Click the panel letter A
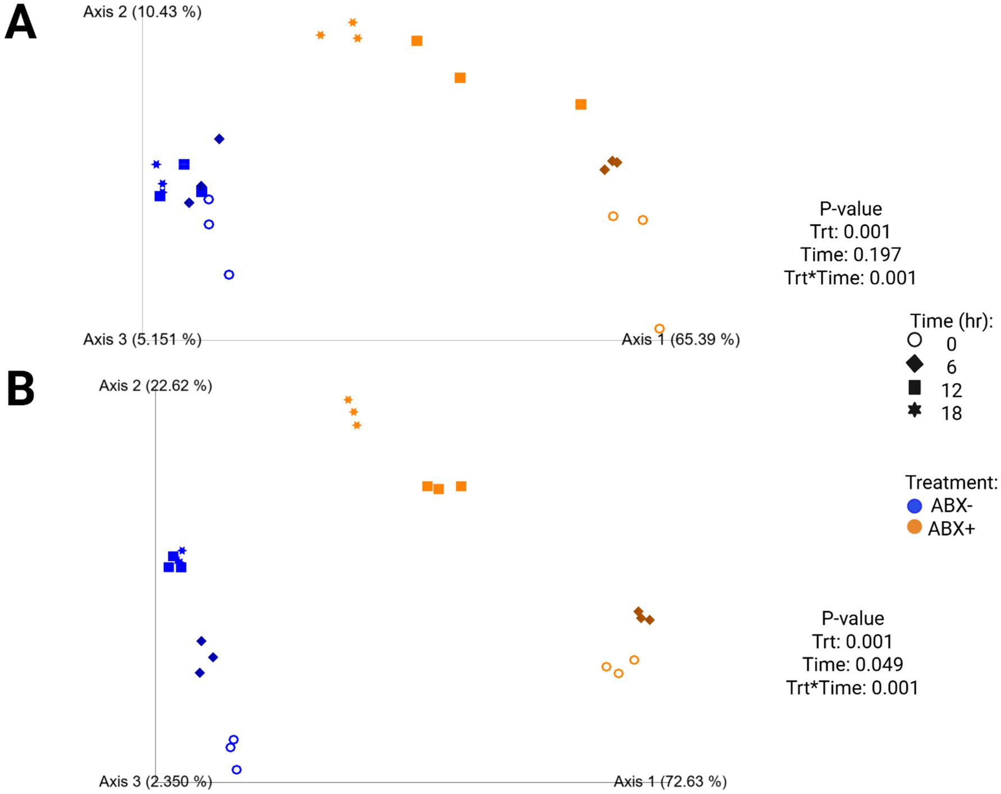click(x=21, y=24)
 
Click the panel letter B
click(x=21, y=389)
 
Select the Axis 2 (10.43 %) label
click(x=142, y=12)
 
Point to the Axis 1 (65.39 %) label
click(x=681, y=340)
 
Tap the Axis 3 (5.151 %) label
click(x=142, y=340)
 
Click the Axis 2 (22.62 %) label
click(x=155, y=386)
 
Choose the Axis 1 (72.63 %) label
click(x=670, y=781)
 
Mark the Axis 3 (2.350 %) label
click(x=155, y=781)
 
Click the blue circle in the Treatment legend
click(x=915, y=506)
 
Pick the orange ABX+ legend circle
click(x=915, y=528)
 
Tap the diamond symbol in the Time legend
click(x=915, y=364)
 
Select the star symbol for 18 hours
click(x=915, y=410)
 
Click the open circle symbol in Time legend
click(x=915, y=340)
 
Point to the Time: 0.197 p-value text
click(x=850, y=255)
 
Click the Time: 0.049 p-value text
click(x=852, y=665)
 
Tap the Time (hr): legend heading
click(x=951, y=321)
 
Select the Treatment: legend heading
click(x=951, y=482)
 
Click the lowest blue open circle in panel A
click(x=229, y=275)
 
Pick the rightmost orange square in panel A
click(x=581, y=104)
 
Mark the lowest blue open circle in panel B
click(x=237, y=770)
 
